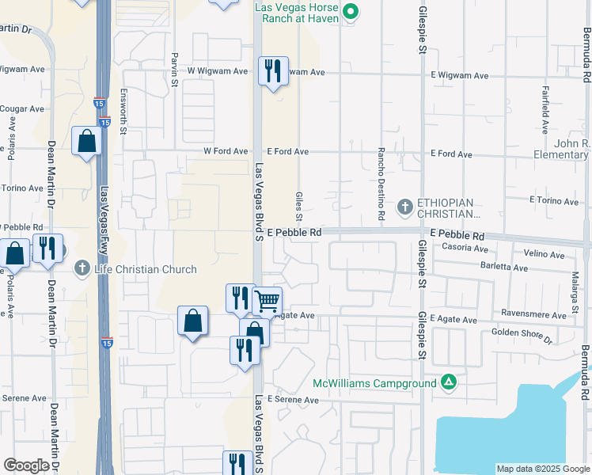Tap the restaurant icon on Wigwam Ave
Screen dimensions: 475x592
point(273,70)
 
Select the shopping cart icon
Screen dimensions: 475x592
point(268,300)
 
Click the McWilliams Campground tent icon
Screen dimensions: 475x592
point(449,383)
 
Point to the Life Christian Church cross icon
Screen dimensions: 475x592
point(82,269)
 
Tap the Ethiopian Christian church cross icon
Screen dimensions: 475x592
point(404,207)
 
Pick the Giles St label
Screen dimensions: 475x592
point(299,205)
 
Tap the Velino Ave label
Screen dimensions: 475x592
point(544,255)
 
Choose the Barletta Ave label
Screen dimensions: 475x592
point(504,268)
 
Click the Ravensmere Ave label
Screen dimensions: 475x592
point(538,315)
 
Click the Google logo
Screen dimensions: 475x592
point(27,465)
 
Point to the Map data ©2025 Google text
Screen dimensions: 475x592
point(542,469)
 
